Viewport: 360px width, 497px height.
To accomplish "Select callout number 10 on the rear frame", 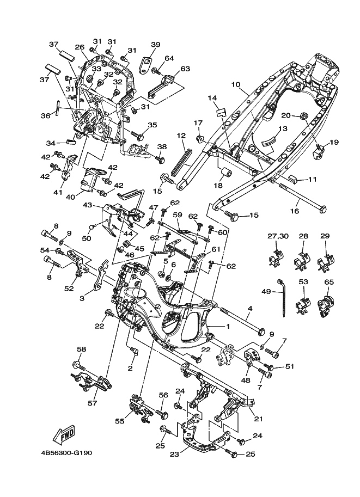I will click(x=235, y=84).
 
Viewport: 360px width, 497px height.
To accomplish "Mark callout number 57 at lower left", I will click(x=93, y=403).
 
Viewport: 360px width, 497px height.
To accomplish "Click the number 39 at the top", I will click(x=156, y=45).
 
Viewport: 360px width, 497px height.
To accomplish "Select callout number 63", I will click(x=185, y=69).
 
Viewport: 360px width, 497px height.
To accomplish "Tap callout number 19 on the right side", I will click(x=333, y=142).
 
